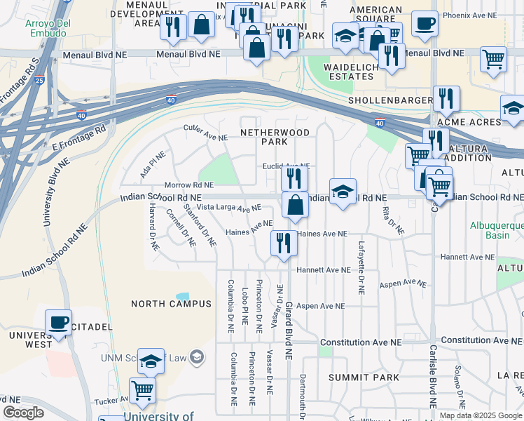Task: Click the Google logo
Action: coord(23,413)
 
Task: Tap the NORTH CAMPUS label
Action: coord(171,304)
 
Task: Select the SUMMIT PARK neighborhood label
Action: coord(354,377)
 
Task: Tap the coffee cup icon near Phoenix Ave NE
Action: coord(424,24)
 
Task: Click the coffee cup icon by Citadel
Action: coord(58,323)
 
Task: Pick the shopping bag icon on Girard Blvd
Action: coord(296,205)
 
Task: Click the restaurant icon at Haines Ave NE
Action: coord(284,243)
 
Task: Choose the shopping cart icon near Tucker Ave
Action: coord(142,389)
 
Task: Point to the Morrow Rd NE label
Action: coord(188,185)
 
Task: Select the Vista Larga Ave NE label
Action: coord(228,208)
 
